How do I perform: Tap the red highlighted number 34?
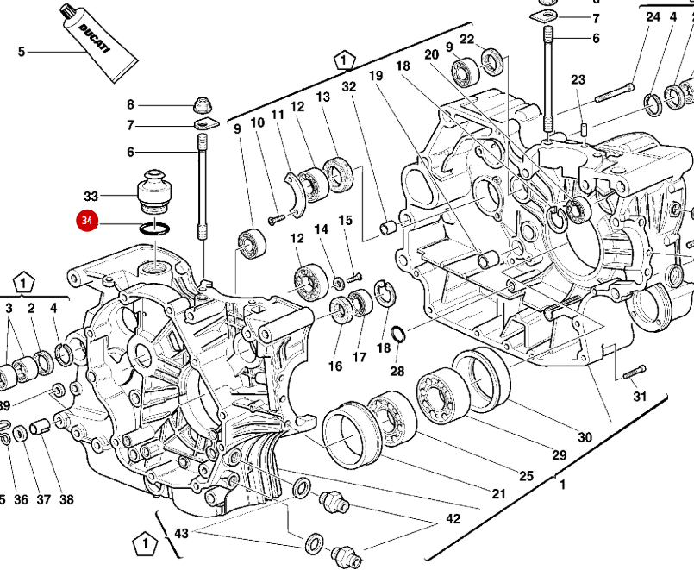click(x=86, y=222)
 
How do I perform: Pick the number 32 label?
click(x=348, y=86)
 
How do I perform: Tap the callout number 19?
click(x=376, y=76)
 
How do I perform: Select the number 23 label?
click(x=578, y=80)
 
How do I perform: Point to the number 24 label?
click(x=653, y=17)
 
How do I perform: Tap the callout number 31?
click(x=639, y=397)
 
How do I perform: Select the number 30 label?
click(x=585, y=437)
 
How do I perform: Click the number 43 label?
click(x=181, y=534)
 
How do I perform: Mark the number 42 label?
click(x=453, y=519)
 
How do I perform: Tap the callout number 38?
click(x=66, y=499)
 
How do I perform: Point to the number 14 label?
click(x=321, y=229)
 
